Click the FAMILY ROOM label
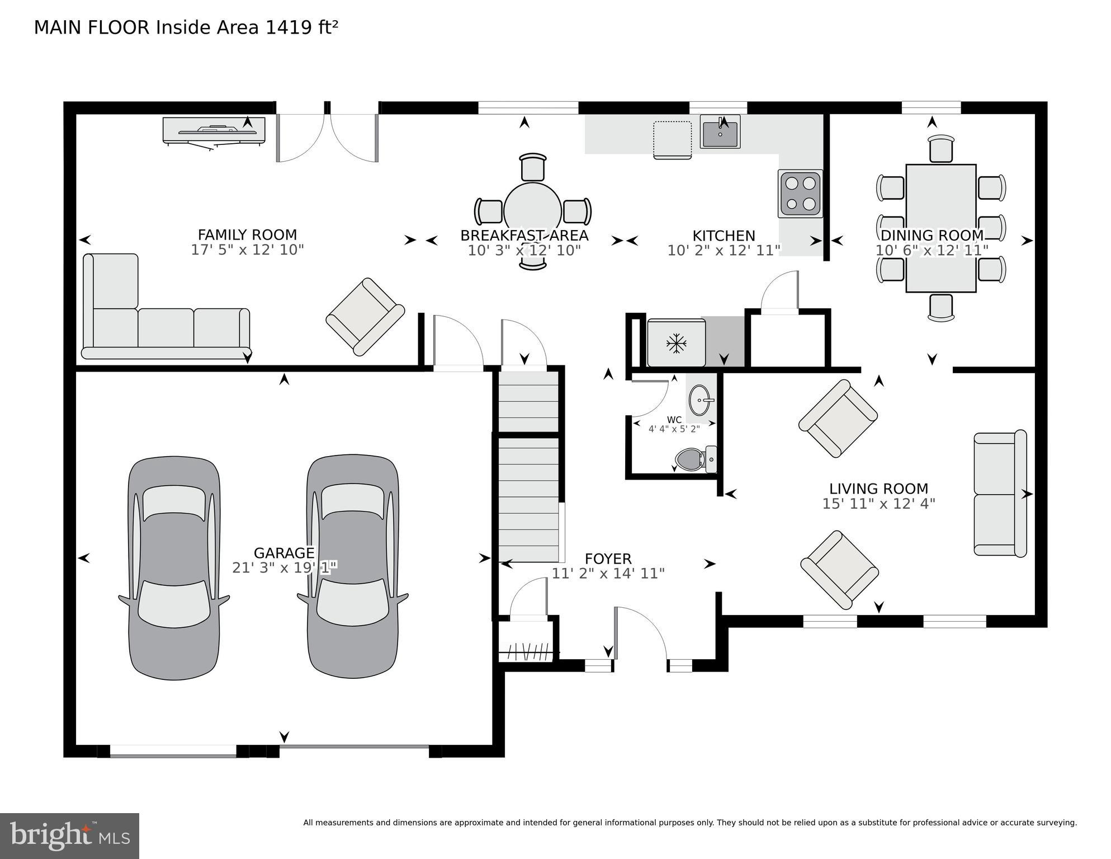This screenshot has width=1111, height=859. pos(247,234)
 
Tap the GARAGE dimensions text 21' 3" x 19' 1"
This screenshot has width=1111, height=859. pos(284,567)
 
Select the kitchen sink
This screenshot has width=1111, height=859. pos(720,133)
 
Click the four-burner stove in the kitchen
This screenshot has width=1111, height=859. pos(800,194)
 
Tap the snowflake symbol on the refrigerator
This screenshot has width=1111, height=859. pos(677,343)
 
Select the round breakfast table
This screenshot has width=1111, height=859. pos(532,211)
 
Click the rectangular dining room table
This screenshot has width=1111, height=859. pos(940,228)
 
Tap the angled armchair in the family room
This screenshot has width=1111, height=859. pos(365,317)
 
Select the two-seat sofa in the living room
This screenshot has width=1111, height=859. pos(1000,493)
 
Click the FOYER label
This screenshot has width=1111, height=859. pos(608,558)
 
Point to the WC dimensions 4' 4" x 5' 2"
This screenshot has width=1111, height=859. pos(674,429)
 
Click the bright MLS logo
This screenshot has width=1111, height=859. pos(69,836)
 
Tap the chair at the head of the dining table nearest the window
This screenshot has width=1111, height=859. pos(940,148)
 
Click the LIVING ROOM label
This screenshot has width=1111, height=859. pos(878,489)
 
